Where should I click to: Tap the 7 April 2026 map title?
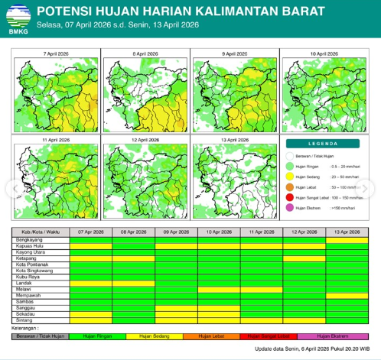(55, 54)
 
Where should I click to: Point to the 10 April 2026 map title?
(324, 54)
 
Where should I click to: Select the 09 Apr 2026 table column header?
(176, 232)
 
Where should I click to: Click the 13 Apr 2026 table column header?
(347, 232)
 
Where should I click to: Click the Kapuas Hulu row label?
(31, 246)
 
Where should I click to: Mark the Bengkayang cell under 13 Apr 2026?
(347, 240)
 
